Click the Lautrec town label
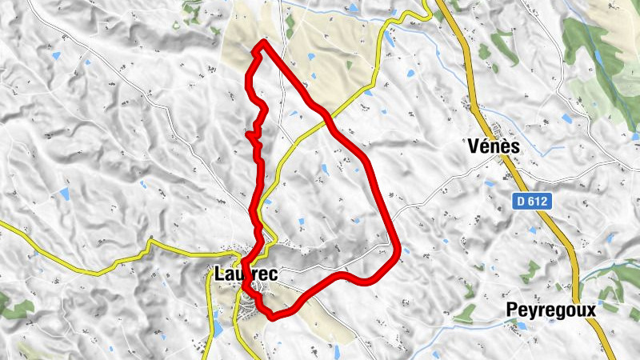(x=246, y=274)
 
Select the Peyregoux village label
(x=552, y=310)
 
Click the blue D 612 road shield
(x=530, y=202)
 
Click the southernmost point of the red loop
(x=274, y=316)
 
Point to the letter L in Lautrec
(x=219, y=274)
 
